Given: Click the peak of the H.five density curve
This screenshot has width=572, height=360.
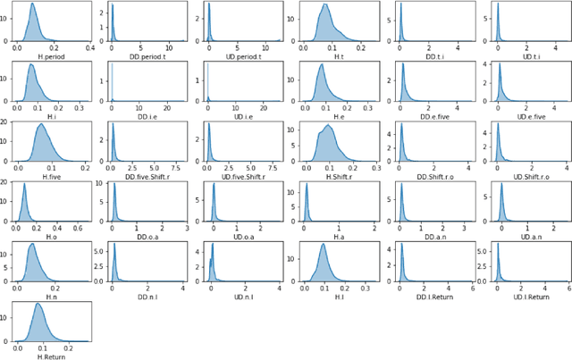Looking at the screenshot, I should [42, 124].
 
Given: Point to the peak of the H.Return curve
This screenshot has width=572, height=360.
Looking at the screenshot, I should [38, 304].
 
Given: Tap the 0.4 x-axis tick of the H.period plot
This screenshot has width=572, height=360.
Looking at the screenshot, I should [90, 49].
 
